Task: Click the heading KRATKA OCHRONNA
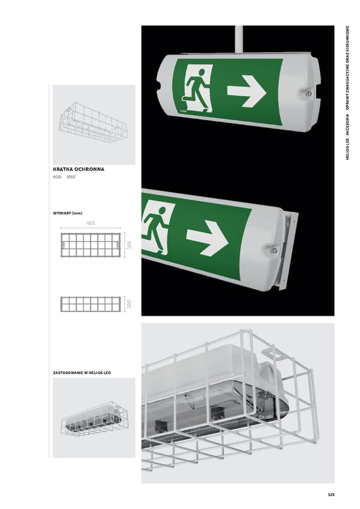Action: coord(79,169)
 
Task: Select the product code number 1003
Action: coord(71,177)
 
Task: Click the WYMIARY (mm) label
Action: coord(68,213)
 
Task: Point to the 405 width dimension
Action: coord(91,223)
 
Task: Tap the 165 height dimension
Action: coord(129,245)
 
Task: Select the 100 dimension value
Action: coord(129,304)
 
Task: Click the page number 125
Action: coord(331,495)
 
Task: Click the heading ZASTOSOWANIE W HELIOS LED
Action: coord(82,373)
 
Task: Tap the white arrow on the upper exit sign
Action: coord(247,91)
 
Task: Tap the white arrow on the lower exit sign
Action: coord(208,238)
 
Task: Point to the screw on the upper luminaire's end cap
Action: coord(309,94)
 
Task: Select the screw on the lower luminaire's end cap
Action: coord(274,250)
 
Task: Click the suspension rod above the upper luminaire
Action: coord(239,39)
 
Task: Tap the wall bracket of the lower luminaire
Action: coord(287,250)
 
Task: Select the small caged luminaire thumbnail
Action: coord(94,419)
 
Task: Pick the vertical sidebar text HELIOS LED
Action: coord(347,149)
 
